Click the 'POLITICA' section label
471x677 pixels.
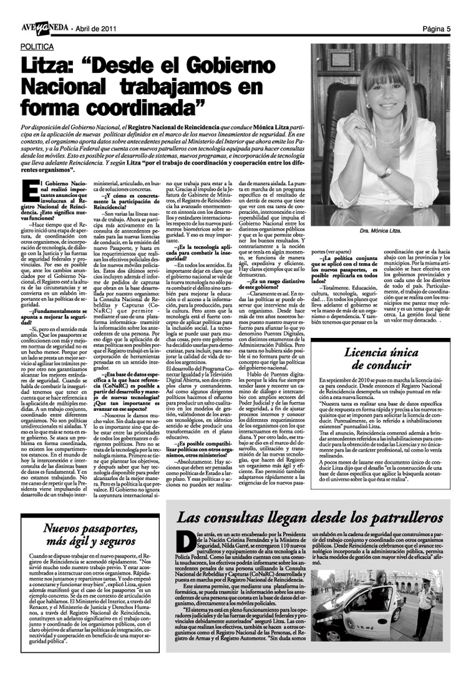tap(37, 47)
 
